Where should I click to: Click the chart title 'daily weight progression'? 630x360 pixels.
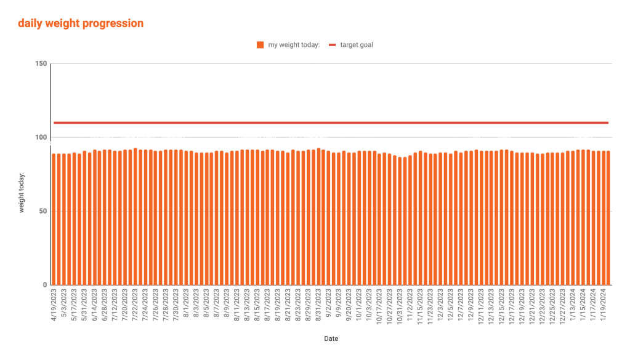pos(81,23)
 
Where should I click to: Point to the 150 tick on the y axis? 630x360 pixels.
pos(41,63)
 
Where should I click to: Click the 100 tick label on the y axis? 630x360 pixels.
pos(41,137)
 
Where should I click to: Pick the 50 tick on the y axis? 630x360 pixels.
pos(42,211)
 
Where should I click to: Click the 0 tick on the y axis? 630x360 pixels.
pos(45,285)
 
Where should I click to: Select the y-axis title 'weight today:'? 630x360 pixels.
pos(22,193)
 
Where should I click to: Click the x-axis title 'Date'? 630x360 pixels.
pos(331,338)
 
